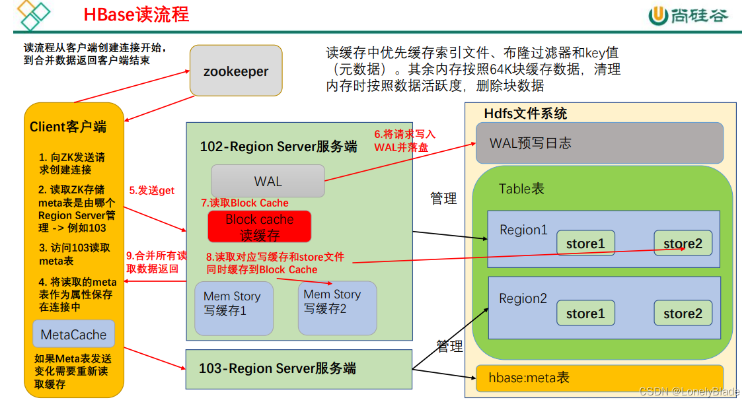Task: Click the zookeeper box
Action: click(x=236, y=70)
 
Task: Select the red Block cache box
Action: click(x=259, y=226)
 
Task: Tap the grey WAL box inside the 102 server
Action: click(x=268, y=181)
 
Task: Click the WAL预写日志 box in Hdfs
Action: click(x=599, y=143)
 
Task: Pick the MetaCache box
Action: click(x=73, y=335)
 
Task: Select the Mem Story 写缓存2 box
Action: click(x=337, y=307)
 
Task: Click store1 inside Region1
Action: click(x=585, y=244)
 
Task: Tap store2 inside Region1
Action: click(x=683, y=244)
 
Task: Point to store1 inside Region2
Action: click(x=585, y=314)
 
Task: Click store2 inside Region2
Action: click(x=683, y=314)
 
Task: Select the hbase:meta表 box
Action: click(x=599, y=378)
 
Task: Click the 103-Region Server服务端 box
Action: click(x=299, y=368)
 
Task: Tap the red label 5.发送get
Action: click(x=151, y=191)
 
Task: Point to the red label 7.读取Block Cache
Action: click(x=244, y=203)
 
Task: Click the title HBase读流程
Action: click(x=136, y=15)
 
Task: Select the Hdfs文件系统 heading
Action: click(x=525, y=114)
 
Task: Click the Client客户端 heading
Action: click(x=68, y=127)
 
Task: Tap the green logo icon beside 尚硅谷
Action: click(x=657, y=15)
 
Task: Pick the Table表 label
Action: click(x=521, y=189)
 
